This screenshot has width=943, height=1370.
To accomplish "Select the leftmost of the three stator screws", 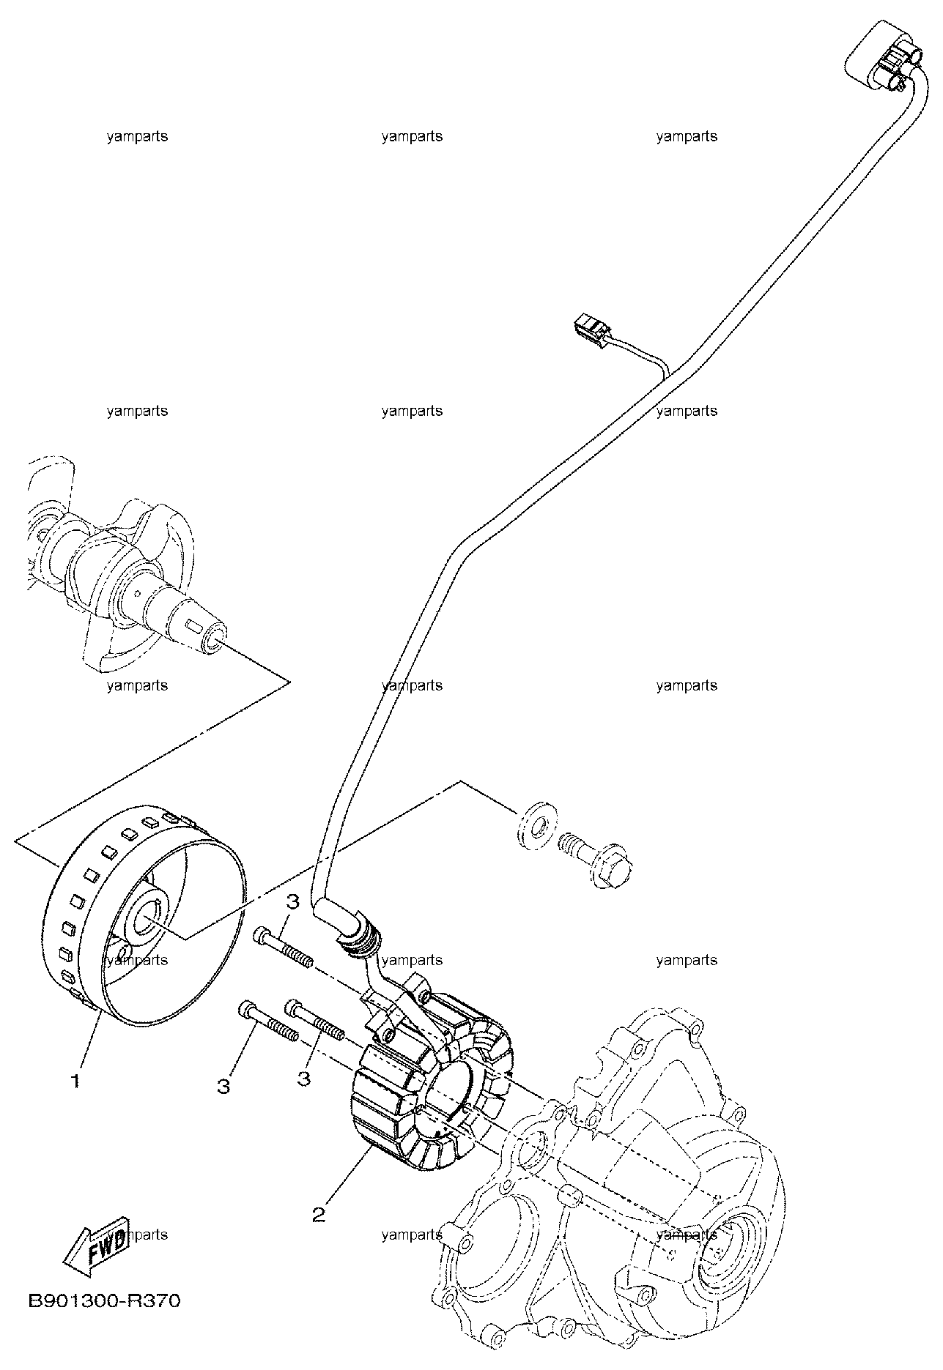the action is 267,1019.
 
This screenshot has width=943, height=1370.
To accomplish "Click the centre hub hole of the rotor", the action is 149,918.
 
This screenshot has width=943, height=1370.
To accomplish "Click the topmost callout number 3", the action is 292,902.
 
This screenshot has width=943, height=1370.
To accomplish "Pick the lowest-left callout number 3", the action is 223,1086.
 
